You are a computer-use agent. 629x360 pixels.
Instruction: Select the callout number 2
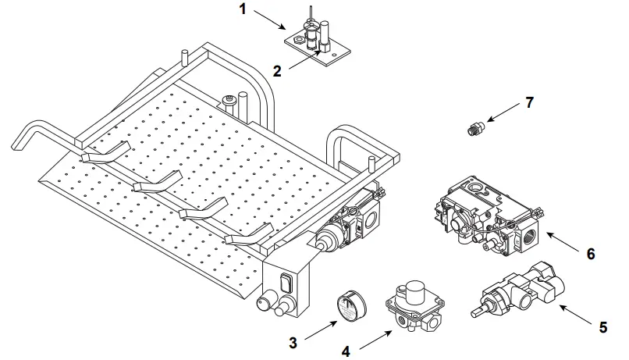(x=277, y=70)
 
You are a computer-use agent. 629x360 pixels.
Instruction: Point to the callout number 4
(x=345, y=350)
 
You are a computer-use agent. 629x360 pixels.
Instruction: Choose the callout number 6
(x=590, y=254)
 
